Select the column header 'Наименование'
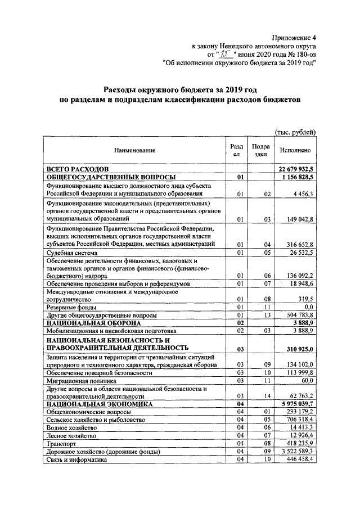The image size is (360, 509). point(134,150)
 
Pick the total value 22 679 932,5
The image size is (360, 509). point(296,169)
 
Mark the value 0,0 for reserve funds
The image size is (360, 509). point(308,308)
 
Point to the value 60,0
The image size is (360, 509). point(307,380)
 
